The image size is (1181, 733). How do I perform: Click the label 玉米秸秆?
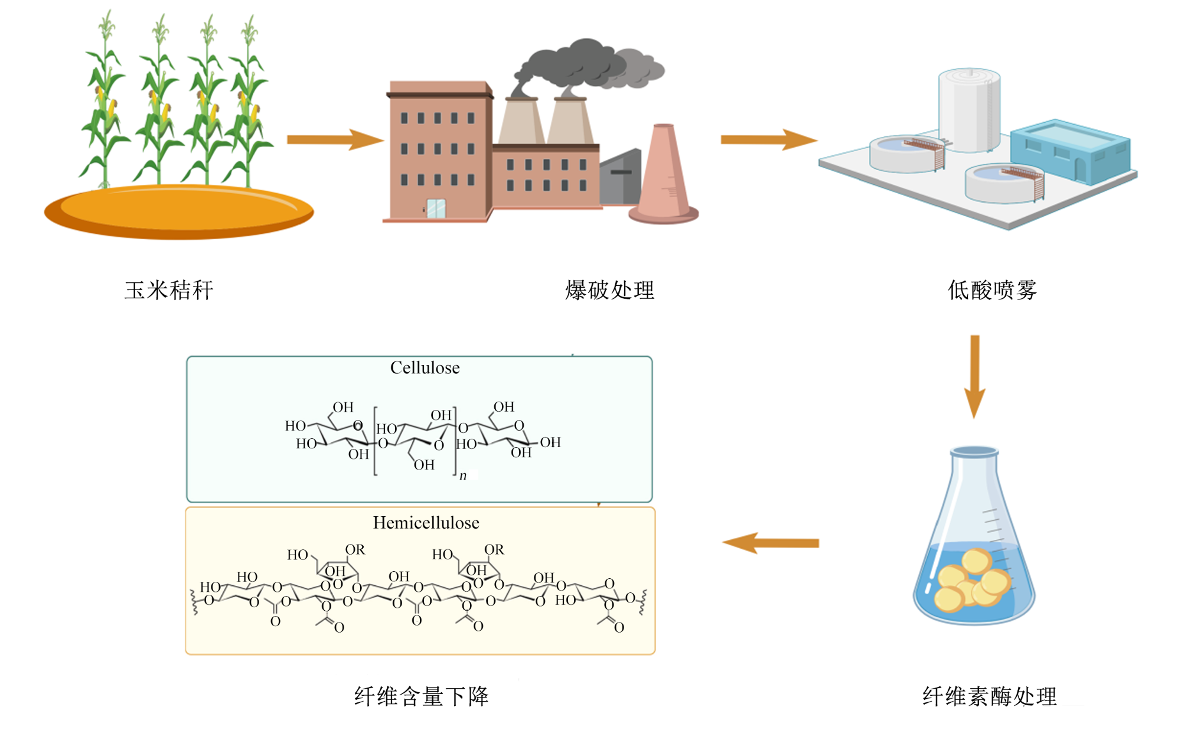click(169, 290)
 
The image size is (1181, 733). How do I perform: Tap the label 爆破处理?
click(609, 290)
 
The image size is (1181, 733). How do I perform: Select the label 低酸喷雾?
click(992, 290)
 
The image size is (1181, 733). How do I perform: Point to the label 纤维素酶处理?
click(990, 696)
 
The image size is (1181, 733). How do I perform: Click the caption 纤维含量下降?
click(422, 696)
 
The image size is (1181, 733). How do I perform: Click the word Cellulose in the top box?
click(425, 368)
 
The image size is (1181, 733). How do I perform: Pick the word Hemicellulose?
click(426, 523)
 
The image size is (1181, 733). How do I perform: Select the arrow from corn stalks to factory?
click(335, 140)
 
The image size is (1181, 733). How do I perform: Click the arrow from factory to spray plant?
click(769, 140)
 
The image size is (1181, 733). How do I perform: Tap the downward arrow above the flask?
click(975, 377)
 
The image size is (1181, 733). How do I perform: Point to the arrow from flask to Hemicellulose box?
click(771, 543)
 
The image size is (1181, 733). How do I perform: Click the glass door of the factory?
click(436, 209)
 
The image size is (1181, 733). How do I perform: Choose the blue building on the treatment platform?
click(1070, 151)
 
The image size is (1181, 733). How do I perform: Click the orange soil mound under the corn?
click(179, 212)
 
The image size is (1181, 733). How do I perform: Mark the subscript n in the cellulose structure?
click(463, 475)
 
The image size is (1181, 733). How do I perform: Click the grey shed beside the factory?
click(620, 177)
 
